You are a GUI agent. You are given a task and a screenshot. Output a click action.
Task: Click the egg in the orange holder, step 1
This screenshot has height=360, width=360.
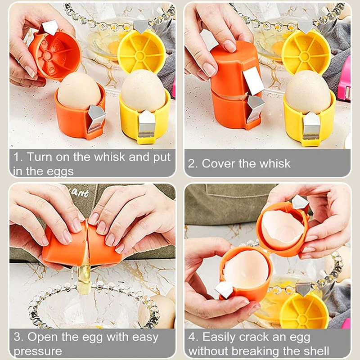pyautogui.click(x=79, y=91)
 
